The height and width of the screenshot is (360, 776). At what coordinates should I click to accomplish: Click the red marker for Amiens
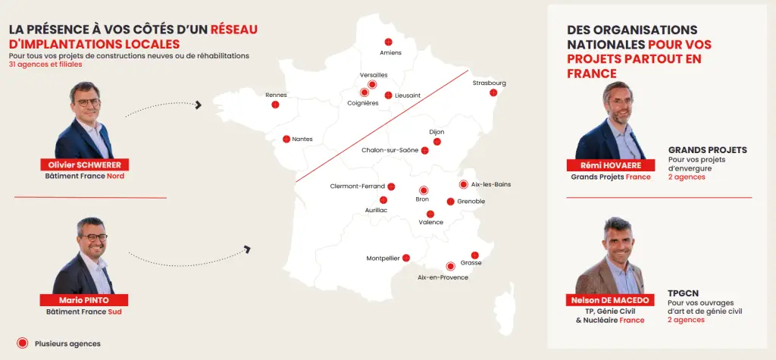point(389,42)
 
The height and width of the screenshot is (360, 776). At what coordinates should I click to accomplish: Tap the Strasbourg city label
point(489,83)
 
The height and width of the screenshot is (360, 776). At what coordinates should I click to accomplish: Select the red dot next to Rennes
point(275,105)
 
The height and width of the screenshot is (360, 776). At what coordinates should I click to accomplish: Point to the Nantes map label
point(302,139)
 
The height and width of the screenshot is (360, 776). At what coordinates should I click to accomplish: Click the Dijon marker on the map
point(436,141)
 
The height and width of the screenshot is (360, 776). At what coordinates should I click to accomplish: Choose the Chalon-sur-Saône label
point(390,150)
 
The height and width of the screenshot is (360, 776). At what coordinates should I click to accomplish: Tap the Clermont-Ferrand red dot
point(391,186)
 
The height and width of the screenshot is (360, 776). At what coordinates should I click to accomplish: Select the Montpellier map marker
point(406,258)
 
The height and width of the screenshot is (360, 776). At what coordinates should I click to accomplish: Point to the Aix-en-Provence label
point(443,277)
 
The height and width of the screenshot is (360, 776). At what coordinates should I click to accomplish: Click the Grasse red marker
point(475,255)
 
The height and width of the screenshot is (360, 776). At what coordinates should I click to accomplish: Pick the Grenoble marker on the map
point(450,202)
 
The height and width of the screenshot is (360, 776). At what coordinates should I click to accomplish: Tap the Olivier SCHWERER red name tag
point(85,164)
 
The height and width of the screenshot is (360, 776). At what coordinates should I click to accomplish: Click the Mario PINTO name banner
point(84,300)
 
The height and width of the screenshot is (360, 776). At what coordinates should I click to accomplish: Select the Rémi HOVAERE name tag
point(611,166)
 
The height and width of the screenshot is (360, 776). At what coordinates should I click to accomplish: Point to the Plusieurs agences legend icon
point(23,343)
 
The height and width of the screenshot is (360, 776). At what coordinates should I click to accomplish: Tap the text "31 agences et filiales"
point(45,64)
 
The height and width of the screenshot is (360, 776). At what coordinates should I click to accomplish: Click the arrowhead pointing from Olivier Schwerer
point(199,105)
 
